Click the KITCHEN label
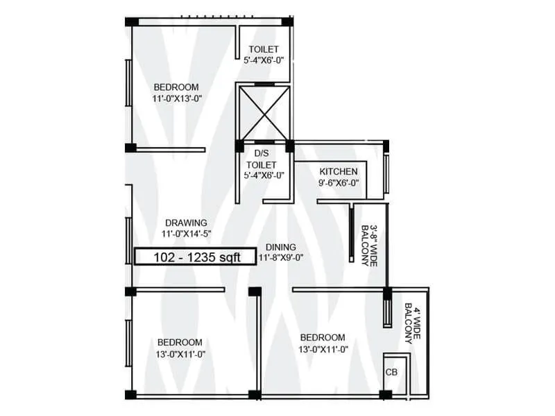pos(338,171)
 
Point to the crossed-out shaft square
pos(263,112)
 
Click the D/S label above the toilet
pos(262,153)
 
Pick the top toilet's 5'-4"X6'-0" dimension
pos(263,60)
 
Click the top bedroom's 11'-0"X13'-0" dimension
pos(176,98)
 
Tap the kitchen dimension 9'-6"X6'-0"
pos(338,183)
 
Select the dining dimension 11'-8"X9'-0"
pos(280,257)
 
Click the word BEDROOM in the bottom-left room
pos(180,342)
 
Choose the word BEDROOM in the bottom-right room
pos(323,337)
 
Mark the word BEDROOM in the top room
pos(176,87)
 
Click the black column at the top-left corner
pos(130,21)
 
